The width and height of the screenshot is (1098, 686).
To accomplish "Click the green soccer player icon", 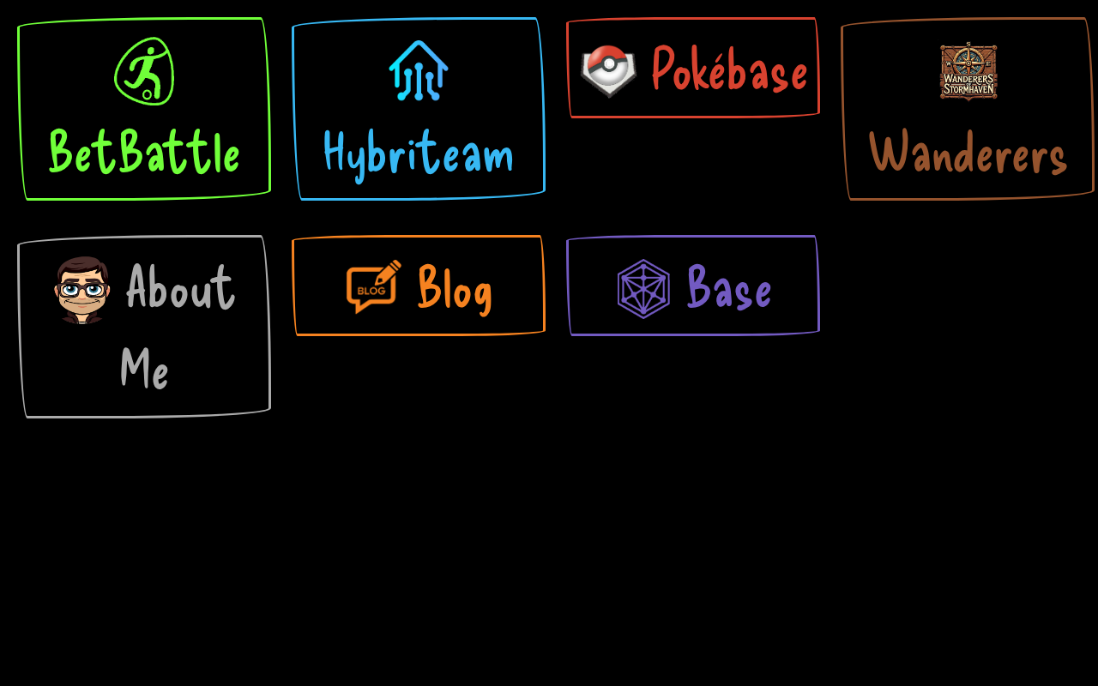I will tap(144, 71).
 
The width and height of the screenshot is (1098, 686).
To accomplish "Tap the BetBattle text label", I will tap(144, 153).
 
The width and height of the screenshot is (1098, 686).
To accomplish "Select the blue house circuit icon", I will tap(419, 70).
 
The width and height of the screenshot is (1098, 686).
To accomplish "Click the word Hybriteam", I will tap(419, 154).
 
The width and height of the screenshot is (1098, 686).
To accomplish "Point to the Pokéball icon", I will tap(608, 69).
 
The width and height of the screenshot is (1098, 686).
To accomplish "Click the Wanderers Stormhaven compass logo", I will tap(968, 71).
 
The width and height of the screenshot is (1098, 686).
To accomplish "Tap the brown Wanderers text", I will tap(968, 154).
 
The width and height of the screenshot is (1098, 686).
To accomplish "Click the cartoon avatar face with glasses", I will tap(82, 289).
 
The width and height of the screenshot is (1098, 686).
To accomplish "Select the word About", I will tap(180, 288).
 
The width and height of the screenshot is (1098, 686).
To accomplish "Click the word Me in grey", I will tap(144, 370).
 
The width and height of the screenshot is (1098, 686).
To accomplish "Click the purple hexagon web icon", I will tap(643, 289).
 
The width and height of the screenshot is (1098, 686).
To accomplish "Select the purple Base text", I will tap(729, 288).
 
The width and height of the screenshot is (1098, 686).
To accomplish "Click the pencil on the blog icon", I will tap(389, 272).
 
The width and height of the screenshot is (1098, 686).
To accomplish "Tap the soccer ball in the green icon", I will tap(148, 93).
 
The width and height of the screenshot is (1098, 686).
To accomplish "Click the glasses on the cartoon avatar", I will tap(82, 290).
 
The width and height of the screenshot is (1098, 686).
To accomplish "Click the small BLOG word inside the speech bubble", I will tap(371, 291).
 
